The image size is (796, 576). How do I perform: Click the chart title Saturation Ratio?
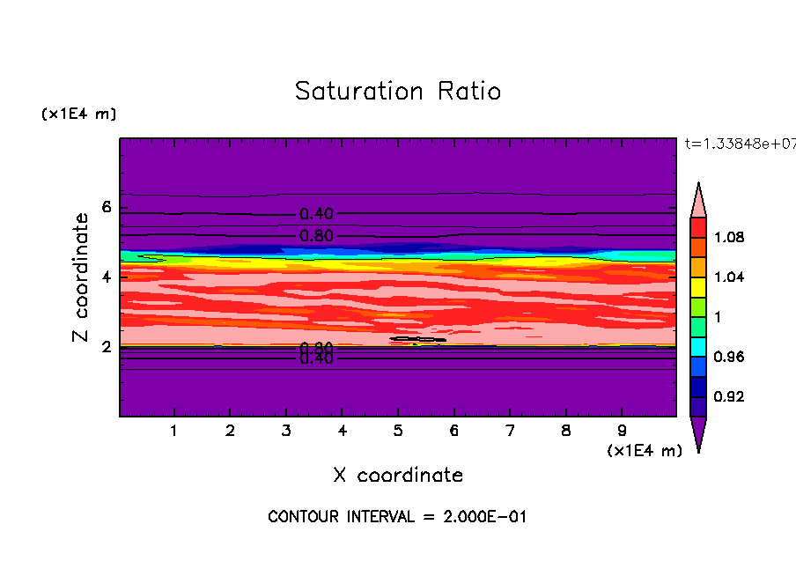(x=398, y=92)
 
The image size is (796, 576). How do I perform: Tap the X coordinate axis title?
(x=398, y=476)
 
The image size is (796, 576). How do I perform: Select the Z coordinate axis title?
(x=82, y=277)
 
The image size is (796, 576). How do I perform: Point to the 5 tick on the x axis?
(x=398, y=432)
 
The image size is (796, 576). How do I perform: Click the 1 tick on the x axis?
(x=174, y=432)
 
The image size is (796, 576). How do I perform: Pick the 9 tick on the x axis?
(x=622, y=432)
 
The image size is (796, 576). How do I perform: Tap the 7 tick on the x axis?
(x=510, y=432)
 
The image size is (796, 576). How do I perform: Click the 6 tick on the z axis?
(x=107, y=208)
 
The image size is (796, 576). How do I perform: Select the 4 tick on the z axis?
(x=107, y=277)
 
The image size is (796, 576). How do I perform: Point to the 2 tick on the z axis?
(x=107, y=347)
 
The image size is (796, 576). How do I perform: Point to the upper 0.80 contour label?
(x=316, y=236)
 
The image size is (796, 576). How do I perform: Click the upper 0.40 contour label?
(x=316, y=214)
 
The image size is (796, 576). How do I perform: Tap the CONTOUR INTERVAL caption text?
(x=397, y=517)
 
